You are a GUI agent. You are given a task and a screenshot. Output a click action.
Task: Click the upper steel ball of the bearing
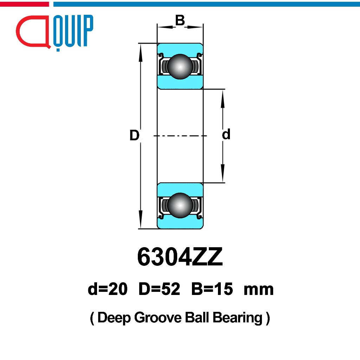click(x=180, y=66)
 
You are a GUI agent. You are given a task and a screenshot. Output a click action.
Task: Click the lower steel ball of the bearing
click(x=180, y=205)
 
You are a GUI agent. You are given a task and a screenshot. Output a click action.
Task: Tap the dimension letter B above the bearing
click(x=180, y=21)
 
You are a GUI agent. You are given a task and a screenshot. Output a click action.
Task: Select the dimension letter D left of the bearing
click(x=134, y=135)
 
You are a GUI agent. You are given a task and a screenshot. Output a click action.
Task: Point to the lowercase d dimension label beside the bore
click(x=226, y=134)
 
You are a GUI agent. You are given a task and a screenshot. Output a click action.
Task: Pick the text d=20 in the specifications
click(x=108, y=289)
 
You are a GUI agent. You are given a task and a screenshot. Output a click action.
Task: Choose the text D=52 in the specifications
click(x=159, y=289)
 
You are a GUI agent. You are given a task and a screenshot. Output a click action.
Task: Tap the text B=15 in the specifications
click(x=212, y=289)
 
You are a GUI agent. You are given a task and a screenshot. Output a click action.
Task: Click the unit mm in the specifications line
click(x=258, y=290)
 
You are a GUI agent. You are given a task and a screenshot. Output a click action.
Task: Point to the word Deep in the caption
click(x=114, y=318)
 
